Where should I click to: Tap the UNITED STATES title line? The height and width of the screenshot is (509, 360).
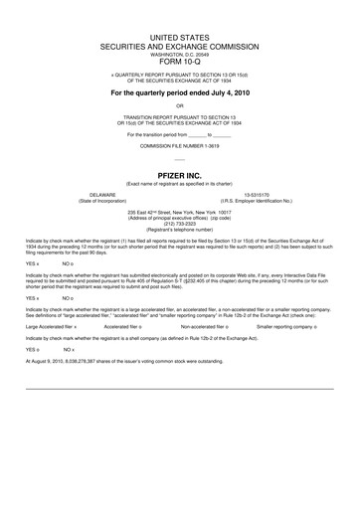tap(179, 36)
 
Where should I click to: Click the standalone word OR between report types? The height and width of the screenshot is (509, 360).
tap(179, 105)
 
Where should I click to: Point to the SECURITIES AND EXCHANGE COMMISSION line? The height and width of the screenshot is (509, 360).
tap(179, 46)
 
